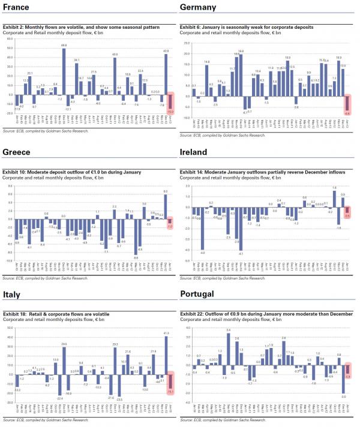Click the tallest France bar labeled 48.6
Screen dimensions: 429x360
click(64, 71)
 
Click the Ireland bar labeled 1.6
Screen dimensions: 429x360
click(334, 199)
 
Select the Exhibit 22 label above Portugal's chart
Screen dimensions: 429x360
click(192, 314)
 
